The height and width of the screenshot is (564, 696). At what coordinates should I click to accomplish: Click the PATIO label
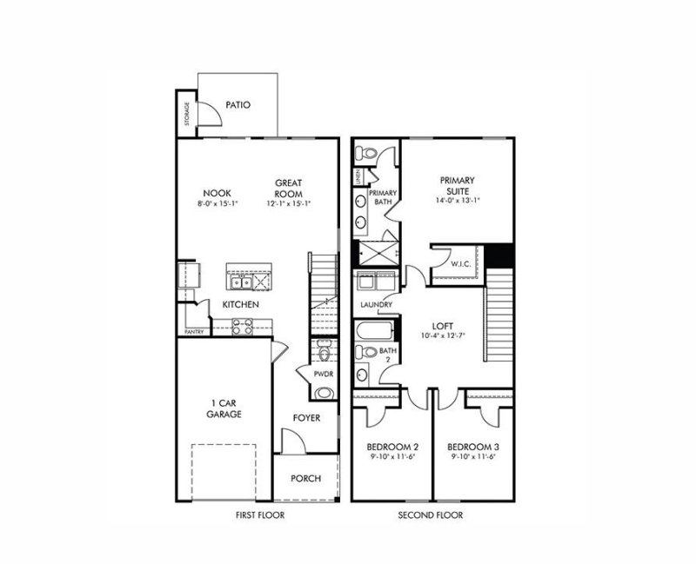(238, 105)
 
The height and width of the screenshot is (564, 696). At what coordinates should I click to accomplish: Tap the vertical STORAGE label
(186, 114)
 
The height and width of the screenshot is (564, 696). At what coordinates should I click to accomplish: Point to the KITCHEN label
(241, 305)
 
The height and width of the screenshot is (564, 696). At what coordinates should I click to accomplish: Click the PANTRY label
(193, 332)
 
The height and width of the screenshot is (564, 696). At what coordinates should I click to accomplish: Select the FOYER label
(306, 418)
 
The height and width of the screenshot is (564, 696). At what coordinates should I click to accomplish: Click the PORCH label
(305, 478)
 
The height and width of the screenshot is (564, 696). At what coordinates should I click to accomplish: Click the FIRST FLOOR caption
(260, 515)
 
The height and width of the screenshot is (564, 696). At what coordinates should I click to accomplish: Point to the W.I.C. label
(460, 263)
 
